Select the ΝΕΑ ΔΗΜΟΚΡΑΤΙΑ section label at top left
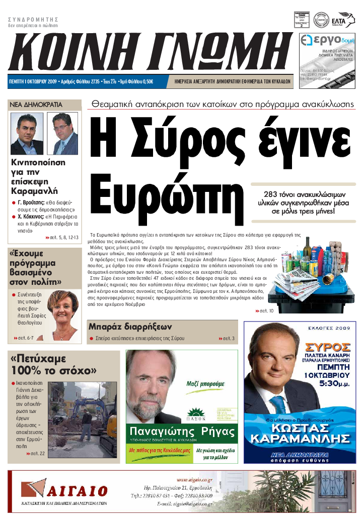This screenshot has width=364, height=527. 36,104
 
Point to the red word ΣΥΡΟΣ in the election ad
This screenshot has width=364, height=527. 328,347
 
